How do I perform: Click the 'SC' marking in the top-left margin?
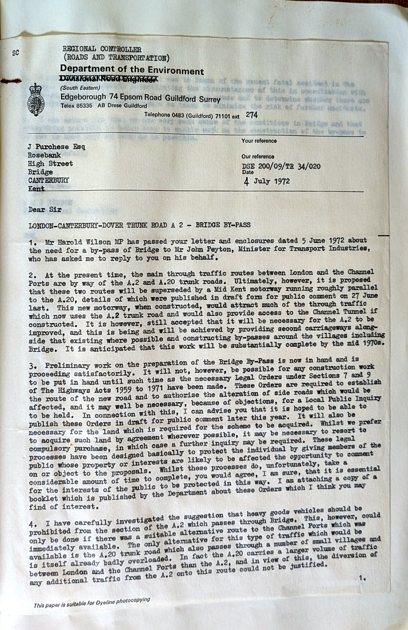pyautogui.click(x=16, y=53)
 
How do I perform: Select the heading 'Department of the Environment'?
pyautogui.click(x=132, y=70)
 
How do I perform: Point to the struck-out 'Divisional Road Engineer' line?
pyautogui.click(x=109, y=79)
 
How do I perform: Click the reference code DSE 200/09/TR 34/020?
pyautogui.click(x=281, y=166)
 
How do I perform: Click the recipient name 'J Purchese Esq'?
pyautogui.click(x=57, y=147)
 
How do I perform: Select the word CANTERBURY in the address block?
pyautogui.click(x=49, y=180)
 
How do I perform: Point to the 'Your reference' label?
pyautogui.click(x=259, y=141)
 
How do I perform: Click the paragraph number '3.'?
pyautogui.click(x=33, y=367)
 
